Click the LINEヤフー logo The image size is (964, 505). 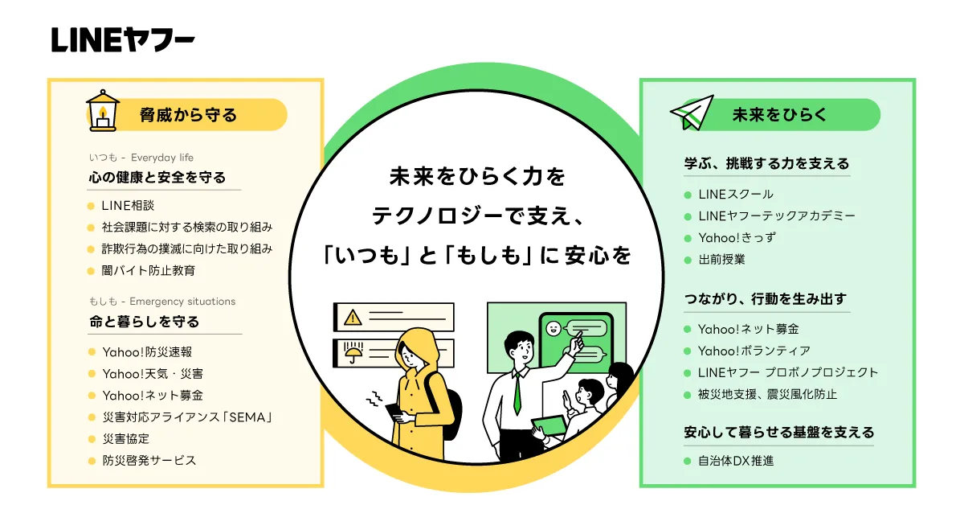(123, 40)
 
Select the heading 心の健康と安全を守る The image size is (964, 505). (157, 177)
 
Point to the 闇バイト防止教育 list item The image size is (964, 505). (149, 271)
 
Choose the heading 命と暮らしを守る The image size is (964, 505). (145, 321)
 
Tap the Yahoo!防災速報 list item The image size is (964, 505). (147, 351)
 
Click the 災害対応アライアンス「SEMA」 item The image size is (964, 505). (187, 417)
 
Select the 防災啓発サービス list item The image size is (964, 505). (149, 461)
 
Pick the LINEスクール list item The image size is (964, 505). (736, 195)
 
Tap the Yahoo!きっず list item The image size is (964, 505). (737, 238)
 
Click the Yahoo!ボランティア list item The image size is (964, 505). (754, 351)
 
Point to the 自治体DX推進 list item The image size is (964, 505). (736, 462)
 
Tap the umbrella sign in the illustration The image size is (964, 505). (352, 351)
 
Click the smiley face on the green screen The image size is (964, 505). (552, 328)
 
